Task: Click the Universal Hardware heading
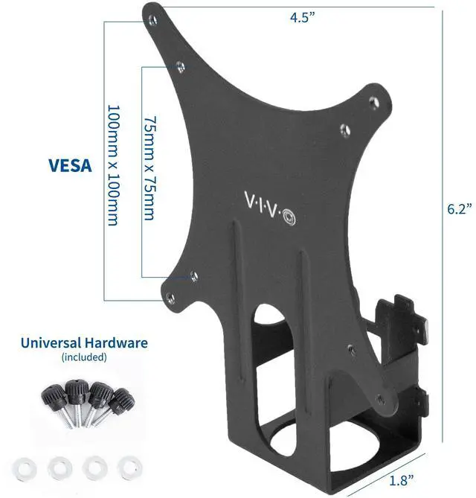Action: (x=84, y=343)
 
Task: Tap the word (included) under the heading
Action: (x=83, y=357)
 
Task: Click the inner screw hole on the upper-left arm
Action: (x=178, y=66)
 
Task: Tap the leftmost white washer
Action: (x=28, y=467)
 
